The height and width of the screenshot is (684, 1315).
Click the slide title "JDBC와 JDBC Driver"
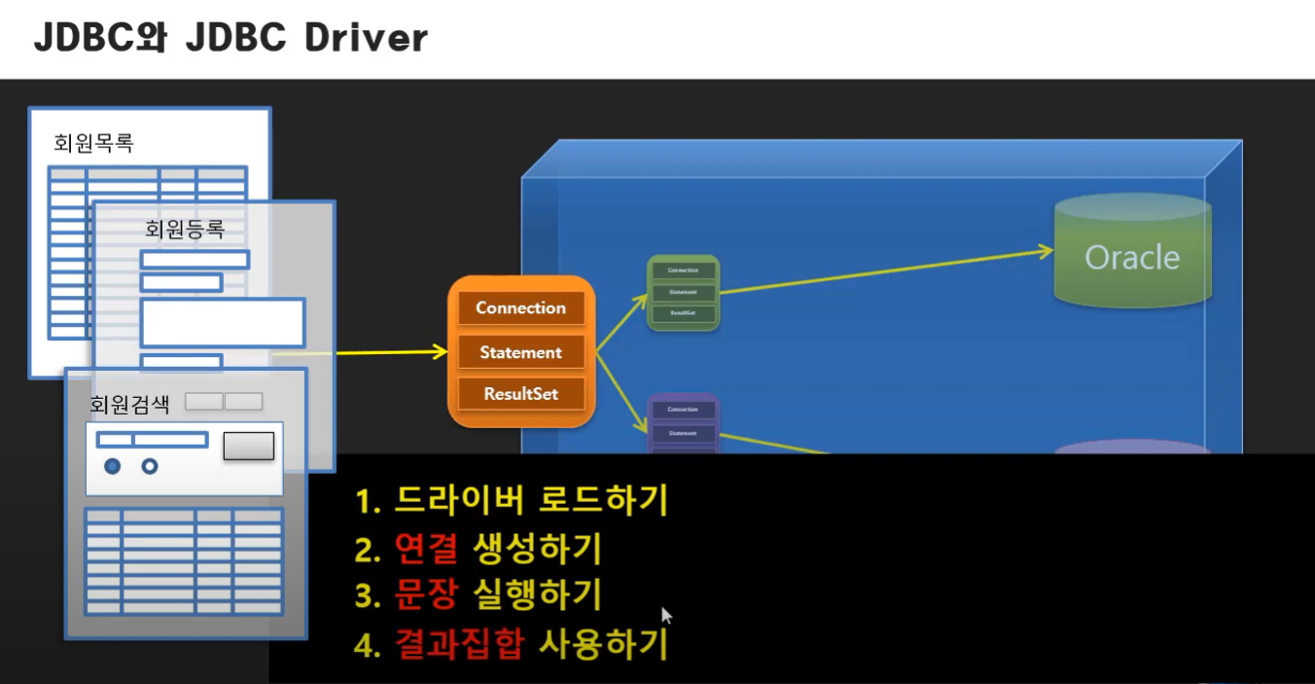coord(231,38)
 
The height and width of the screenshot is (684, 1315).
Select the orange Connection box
coord(520,308)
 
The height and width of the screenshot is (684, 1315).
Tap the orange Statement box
coord(520,352)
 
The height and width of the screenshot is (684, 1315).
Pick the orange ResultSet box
coord(520,394)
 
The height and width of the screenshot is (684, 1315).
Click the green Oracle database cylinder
coord(1132,251)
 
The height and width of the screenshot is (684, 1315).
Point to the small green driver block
coord(683,292)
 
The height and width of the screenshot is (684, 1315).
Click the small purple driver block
coord(683,424)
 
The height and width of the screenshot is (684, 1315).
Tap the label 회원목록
coord(93,143)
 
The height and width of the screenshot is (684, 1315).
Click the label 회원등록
coord(185,230)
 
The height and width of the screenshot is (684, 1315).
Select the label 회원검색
coord(129,404)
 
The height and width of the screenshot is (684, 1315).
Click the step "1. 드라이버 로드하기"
coord(512,501)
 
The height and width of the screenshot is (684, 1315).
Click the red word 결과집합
coord(459,643)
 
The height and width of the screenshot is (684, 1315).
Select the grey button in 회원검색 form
coord(249,446)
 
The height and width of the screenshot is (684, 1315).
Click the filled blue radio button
coord(113,466)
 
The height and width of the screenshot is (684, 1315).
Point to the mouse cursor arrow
coord(666,616)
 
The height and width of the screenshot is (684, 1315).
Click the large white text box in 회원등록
coord(223,323)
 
